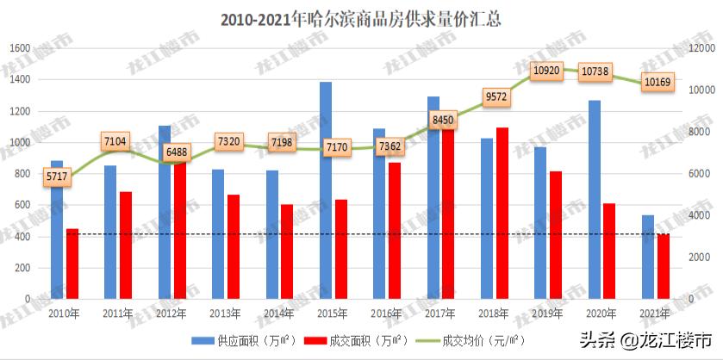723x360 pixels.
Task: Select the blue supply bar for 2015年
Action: point(326,189)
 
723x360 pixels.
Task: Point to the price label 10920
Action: point(548,70)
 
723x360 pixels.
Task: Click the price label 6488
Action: point(174,151)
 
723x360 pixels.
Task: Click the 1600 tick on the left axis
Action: point(20,48)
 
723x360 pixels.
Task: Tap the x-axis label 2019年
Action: point(548,314)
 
